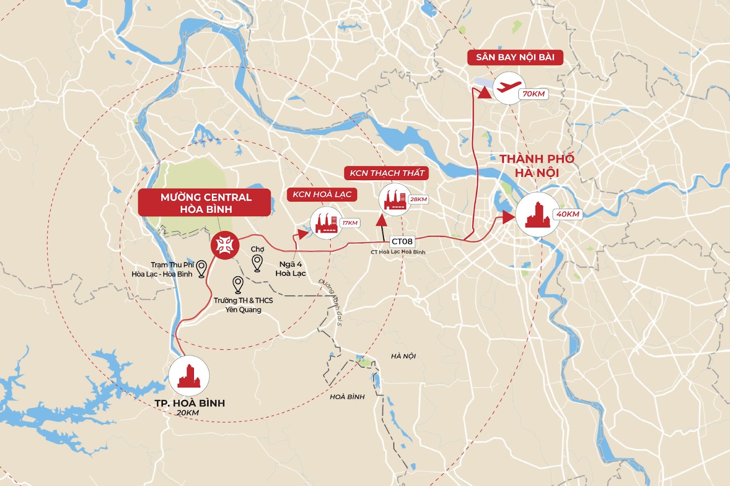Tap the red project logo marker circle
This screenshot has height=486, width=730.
click(x=225, y=245)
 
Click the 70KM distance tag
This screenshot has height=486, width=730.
click(x=533, y=94)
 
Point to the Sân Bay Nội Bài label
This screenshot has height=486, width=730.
click(x=515, y=57)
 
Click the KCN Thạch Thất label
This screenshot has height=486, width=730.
click(x=386, y=173)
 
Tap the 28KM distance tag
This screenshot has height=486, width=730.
click(x=418, y=199)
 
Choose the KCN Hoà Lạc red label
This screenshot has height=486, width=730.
click(x=322, y=195)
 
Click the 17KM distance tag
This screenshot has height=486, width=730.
click(x=350, y=223)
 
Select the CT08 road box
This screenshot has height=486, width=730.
click(x=402, y=242)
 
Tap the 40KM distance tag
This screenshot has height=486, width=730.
click(x=568, y=214)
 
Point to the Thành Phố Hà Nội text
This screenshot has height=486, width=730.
click(x=537, y=166)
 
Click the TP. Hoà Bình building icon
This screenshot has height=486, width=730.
click(x=189, y=376)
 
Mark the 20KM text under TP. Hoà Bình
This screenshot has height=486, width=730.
click(x=188, y=413)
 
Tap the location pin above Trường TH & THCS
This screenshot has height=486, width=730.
click(x=238, y=284)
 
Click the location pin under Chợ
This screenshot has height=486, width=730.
click(x=257, y=263)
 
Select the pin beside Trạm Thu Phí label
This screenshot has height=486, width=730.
click(x=201, y=268)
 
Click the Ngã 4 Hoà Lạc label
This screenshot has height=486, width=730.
click(x=291, y=269)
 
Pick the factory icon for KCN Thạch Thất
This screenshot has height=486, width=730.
click(x=395, y=199)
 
